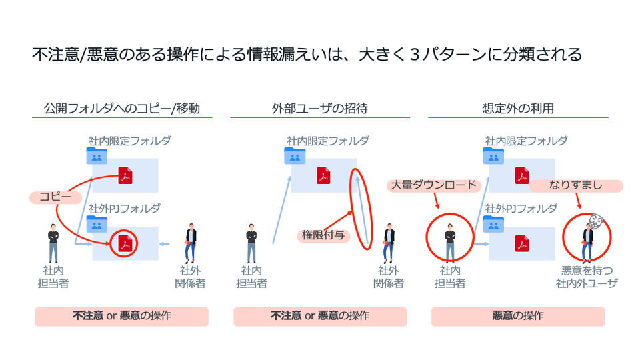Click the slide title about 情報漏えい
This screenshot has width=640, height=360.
(x=307, y=54)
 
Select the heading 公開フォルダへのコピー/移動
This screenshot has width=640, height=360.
(x=121, y=108)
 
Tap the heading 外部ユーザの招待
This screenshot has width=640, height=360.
(x=319, y=108)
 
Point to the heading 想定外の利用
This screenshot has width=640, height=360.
(x=517, y=108)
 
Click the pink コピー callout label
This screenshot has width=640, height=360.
(x=55, y=197)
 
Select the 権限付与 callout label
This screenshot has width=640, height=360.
(x=323, y=235)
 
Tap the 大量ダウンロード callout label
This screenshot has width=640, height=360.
(x=434, y=185)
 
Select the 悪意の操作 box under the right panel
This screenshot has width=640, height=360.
(x=517, y=316)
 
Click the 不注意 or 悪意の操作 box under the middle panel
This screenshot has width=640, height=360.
(x=319, y=316)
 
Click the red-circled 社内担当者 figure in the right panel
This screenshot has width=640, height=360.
(x=450, y=238)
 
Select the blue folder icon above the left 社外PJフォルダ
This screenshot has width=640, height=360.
(x=96, y=223)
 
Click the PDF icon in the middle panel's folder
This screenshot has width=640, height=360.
(x=323, y=175)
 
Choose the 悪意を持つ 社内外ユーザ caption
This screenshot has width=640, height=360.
(x=586, y=277)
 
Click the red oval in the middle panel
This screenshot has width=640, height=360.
(x=360, y=209)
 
